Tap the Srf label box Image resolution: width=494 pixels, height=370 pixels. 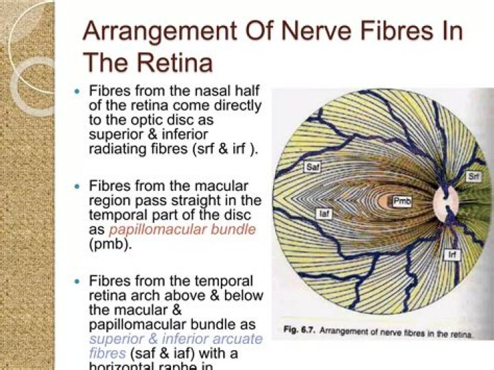pos(473,177)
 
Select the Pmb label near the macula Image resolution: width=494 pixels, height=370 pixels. pos(401,201)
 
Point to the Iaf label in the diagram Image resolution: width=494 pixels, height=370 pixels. pos(325,214)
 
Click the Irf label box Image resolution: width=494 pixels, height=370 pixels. pos(453,254)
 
